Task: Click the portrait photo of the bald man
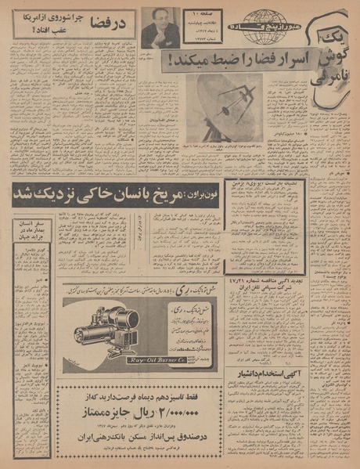160,28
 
